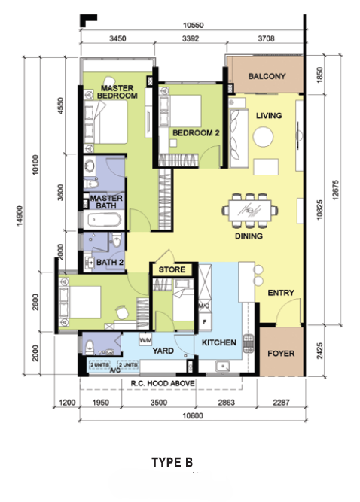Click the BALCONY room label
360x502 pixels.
coord(267,76)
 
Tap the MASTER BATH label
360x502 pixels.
coord(106,202)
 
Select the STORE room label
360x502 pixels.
coord(172,269)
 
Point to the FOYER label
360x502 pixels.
coord(281,354)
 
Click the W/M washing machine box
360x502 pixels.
coord(145,339)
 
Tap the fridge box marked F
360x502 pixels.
coord(205,322)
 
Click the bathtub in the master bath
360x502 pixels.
coord(105,220)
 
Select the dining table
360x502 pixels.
coord(250,210)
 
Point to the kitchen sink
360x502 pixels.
coord(223,366)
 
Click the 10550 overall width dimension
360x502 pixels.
coord(193,25)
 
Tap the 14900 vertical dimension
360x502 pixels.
coord(20,216)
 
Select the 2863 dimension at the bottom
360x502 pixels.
coord(226,403)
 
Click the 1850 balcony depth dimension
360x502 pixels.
coord(319,75)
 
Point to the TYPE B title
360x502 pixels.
coord(172,462)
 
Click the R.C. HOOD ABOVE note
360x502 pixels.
coord(163,383)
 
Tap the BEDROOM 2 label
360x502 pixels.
coord(196,133)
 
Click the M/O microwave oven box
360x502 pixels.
coord(204,306)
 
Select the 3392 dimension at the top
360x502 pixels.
coord(191,38)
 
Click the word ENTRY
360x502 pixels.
coord(281,293)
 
